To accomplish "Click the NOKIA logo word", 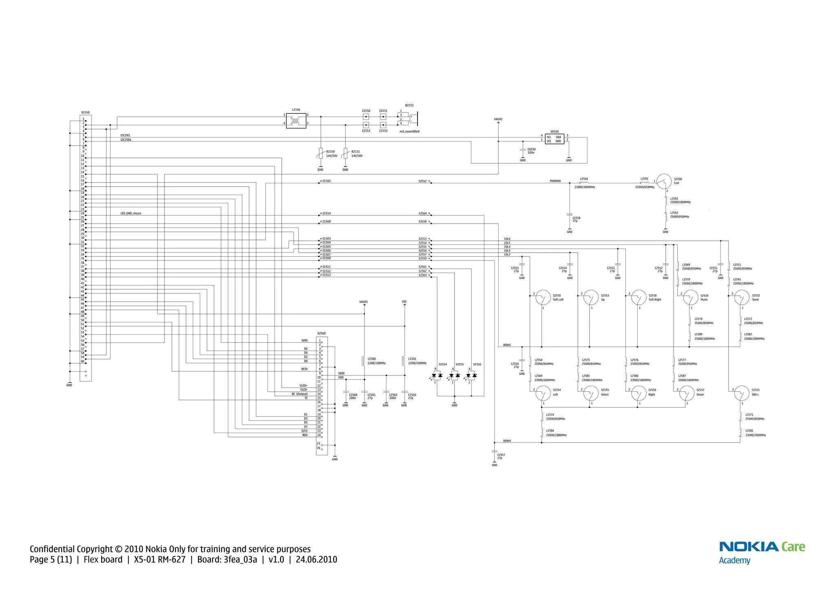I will click(749, 547).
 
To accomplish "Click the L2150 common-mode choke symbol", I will click(296, 120).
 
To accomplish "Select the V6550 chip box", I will click(554, 139).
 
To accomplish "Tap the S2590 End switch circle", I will click(664, 181).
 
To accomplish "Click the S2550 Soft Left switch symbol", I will click(543, 298).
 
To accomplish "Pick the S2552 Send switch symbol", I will click(741, 298).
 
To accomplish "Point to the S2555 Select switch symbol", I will click(591, 393).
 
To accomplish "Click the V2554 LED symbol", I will click(437, 375).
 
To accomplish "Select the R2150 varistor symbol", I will click(320, 153).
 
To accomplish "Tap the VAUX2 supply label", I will click(498, 119).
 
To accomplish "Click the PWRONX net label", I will click(555, 181).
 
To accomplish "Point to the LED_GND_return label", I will click(130, 213).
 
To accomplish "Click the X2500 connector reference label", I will click(321, 333).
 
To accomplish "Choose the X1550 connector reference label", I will click(85, 112).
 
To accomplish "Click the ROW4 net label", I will click(507, 441).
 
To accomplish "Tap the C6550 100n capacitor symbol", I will click(523, 150).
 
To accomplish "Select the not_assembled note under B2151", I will click(409, 131).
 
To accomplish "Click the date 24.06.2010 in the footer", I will click(316, 560).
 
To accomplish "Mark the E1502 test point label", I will click(326, 181).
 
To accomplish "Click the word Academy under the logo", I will click(734, 560).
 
